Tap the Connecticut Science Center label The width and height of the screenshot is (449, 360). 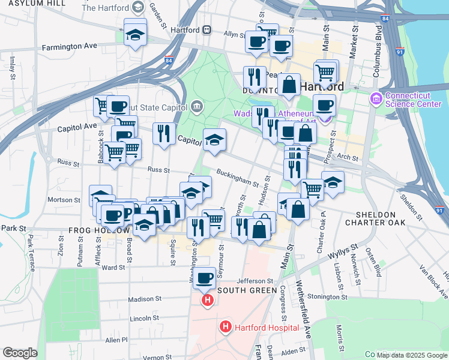click(x=414, y=100)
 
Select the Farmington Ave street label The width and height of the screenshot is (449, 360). click(x=70, y=46)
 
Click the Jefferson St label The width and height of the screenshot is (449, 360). click(x=255, y=280)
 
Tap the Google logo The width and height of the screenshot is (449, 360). click(x=20, y=353)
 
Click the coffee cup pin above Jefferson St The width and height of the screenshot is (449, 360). click(x=205, y=278)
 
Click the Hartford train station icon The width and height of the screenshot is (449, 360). click(x=206, y=29)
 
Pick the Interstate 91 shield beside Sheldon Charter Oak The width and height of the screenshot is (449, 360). click(x=440, y=211)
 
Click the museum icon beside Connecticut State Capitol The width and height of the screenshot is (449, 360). click(x=196, y=107)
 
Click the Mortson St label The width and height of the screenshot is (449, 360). click(x=64, y=200)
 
